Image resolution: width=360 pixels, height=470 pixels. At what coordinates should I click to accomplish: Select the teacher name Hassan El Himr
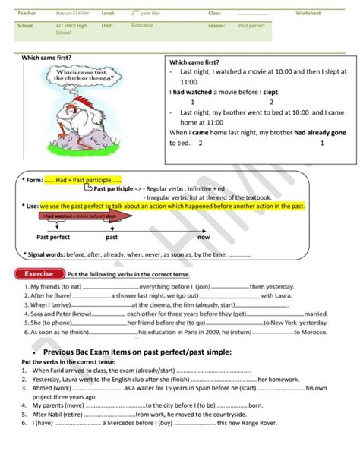71,13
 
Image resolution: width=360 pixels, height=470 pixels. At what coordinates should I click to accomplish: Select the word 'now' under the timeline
203,238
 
